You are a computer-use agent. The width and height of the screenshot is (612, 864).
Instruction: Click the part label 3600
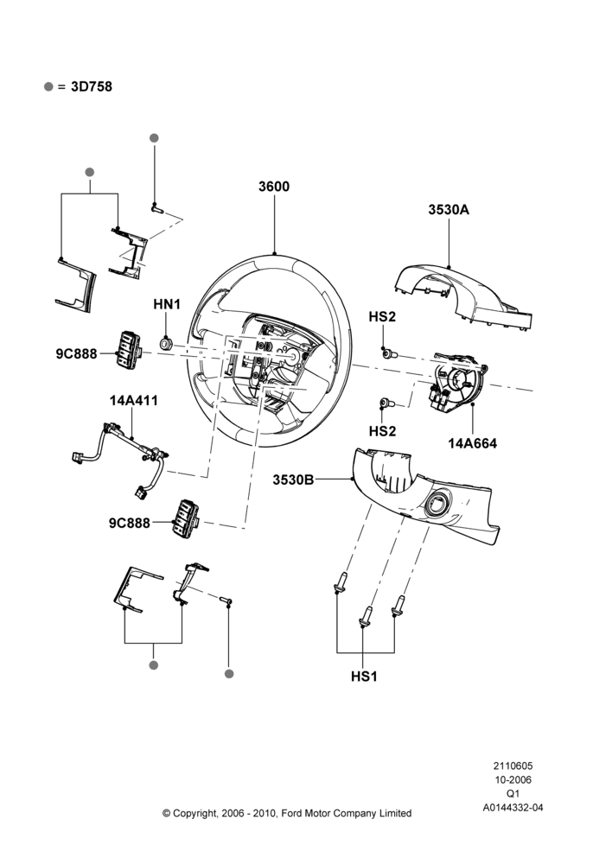coord(274,187)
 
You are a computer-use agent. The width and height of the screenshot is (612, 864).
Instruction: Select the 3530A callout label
coord(449,210)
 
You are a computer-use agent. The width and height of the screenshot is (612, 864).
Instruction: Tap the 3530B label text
coord(293,480)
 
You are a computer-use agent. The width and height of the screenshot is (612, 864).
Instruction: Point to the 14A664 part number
coord(473,443)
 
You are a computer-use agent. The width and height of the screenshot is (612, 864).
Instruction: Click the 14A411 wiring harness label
coord(133,401)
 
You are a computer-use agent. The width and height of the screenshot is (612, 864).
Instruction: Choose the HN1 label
coord(167,304)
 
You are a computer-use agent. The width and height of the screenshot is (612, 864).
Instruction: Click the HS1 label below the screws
coord(364,677)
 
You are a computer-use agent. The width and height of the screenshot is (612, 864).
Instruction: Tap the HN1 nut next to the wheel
coord(166,345)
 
